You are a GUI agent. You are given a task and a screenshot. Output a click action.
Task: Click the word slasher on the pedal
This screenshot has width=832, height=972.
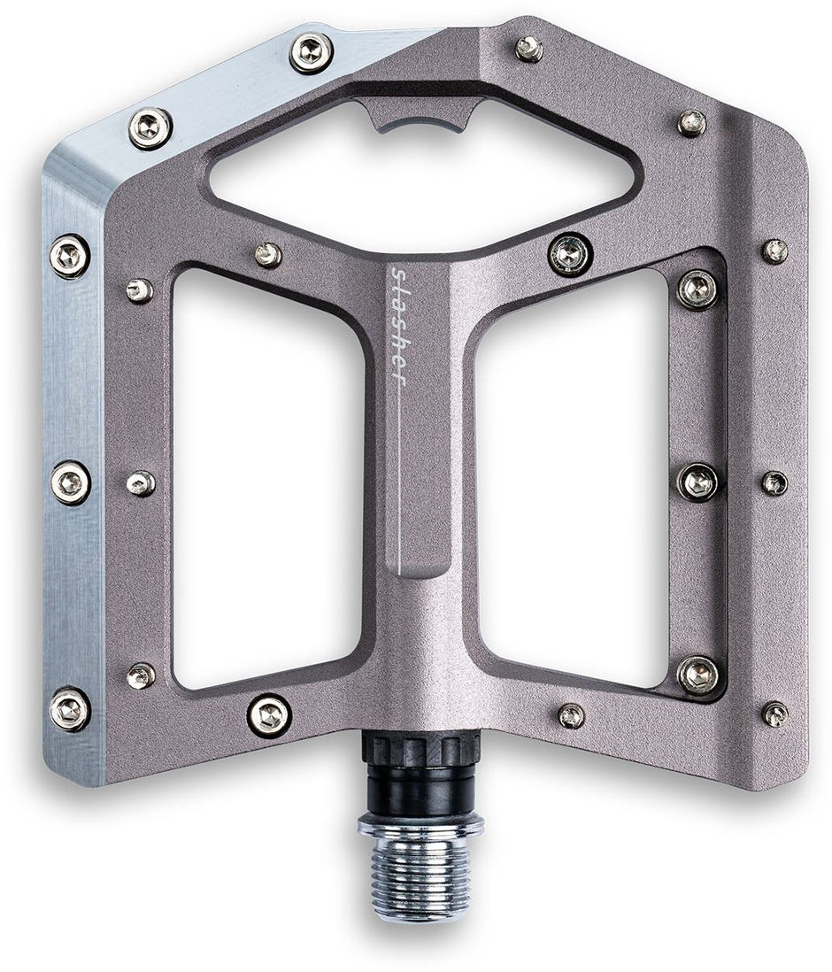click(398, 328)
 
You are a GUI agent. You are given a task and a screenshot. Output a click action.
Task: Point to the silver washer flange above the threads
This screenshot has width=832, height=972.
click(420, 825)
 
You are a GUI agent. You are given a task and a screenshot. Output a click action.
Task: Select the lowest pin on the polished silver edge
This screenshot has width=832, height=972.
click(70, 708)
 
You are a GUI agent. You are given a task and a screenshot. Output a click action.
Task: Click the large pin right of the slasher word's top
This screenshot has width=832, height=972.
click(570, 254)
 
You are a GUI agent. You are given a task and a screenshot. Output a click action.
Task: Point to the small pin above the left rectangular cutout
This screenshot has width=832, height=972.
click(268, 255)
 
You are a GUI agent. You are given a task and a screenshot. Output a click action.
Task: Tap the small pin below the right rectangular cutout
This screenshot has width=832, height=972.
click(571, 715)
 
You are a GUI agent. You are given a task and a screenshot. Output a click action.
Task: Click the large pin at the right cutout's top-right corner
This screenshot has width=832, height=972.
click(697, 289)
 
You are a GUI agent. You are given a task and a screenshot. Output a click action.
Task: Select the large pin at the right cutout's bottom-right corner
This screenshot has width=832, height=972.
click(698, 675)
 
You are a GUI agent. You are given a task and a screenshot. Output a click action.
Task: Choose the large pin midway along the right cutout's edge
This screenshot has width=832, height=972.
click(697, 482)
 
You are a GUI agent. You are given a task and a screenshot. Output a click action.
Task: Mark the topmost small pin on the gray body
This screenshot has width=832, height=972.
click(529, 48)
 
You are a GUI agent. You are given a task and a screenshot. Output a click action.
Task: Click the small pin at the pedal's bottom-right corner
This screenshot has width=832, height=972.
click(774, 714)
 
